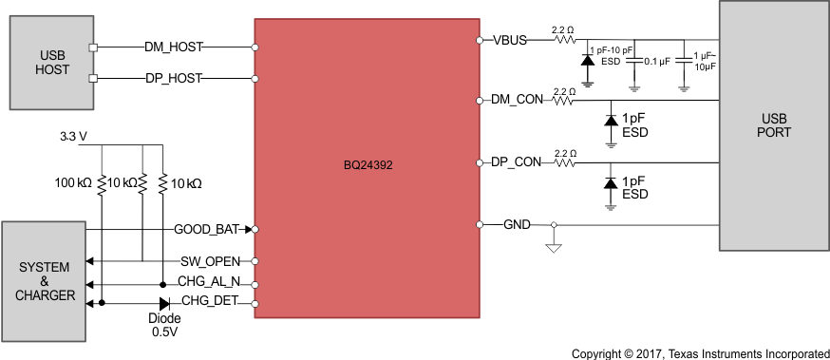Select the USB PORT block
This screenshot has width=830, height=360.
(774, 124)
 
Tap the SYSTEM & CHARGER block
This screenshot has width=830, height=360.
(44, 281)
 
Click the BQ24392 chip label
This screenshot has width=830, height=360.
(368, 164)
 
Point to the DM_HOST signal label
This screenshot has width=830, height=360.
(173, 47)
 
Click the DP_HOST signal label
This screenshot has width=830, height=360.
(173, 78)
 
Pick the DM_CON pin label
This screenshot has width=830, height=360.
(516, 100)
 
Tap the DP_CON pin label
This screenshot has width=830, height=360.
(516, 162)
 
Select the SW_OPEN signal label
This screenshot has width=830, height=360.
(211, 260)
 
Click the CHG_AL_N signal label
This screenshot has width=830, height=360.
(210, 282)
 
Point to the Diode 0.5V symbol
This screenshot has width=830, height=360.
(164, 304)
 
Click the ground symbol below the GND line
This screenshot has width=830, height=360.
(554, 249)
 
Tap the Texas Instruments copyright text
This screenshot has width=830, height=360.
(699, 352)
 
